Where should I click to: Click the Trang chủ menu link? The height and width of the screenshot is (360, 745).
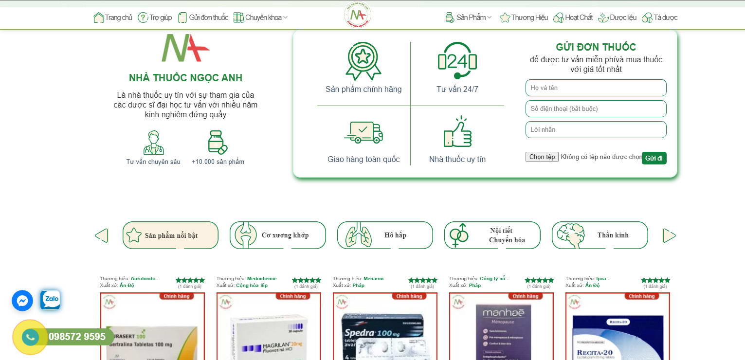pyautogui.click(x=113, y=18)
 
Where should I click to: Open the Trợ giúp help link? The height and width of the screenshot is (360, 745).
pyautogui.click(x=155, y=18)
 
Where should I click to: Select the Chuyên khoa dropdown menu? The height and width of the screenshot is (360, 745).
pyautogui.click(x=261, y=18)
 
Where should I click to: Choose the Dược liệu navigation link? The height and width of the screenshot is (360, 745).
pyautogui.click(x=618, y=18)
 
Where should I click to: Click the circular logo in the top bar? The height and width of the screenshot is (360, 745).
pyautogui.click(x=357, y=15)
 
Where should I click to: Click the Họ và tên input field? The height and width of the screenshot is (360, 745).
pyautogui.click(x=596, y=88)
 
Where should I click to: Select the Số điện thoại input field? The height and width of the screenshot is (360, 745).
pyautogui.click(x=596, y=109)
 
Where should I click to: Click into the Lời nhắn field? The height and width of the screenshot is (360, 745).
pyautogui.click(x=596, y=130)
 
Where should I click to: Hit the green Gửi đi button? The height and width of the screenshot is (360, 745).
pyautogui.click(x=654, y=158)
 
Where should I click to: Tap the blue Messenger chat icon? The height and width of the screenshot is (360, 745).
pyautogui.click(x=22, y=301)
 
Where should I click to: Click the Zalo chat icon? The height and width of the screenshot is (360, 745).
pyautogui.click(x=50, y=300)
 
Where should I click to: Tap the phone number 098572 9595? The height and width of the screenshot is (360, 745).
pyautogui.click(x=76, y=337)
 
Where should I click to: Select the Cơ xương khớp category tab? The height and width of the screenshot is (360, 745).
pyautogui.click(x=278, y=235)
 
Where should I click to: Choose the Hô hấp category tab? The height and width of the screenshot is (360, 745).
pyautogui.click(x=385, y=235)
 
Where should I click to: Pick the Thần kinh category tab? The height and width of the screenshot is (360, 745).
pyautogui.click(x=600, y=235)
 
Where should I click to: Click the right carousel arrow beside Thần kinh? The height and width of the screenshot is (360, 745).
pyautogui.click(x=669, y=236)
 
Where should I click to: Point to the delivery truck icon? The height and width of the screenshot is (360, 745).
pyautogui.click(x=363, y=132)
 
